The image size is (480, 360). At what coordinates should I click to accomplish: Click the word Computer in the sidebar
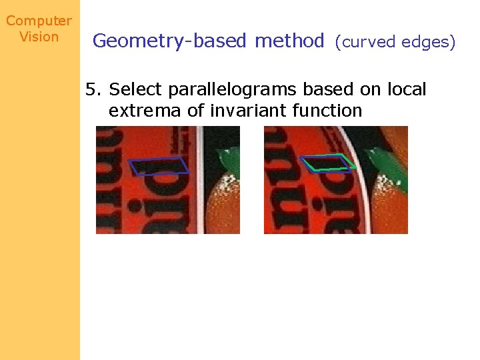pos(39,21)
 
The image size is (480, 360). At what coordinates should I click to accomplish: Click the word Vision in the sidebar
pos(39,37)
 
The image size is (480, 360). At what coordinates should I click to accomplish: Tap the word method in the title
pos(289,41)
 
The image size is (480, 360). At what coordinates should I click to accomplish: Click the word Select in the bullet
pos(136,89)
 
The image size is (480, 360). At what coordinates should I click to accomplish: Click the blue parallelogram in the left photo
pos(160,166)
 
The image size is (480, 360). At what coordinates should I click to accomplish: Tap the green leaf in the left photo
pos(228,159)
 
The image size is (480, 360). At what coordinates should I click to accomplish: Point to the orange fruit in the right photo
pos(390,207)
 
